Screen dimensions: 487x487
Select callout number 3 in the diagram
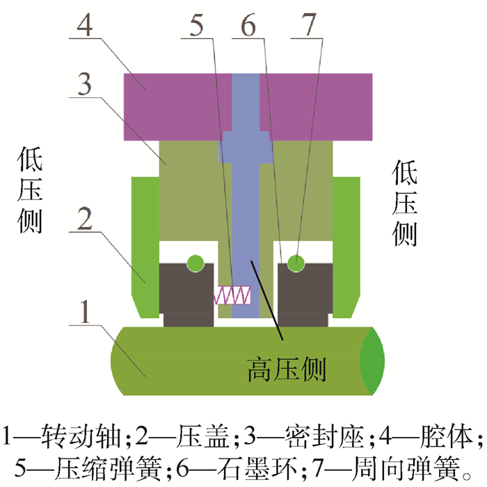click(x=83, y=87)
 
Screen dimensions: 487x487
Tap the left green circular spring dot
click(x=195, y=263)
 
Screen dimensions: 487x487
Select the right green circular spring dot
click(x=296, y=263)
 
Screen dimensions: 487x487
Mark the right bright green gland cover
click(x=346, y=243)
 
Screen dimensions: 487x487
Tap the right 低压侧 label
click(x=404, y=204)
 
